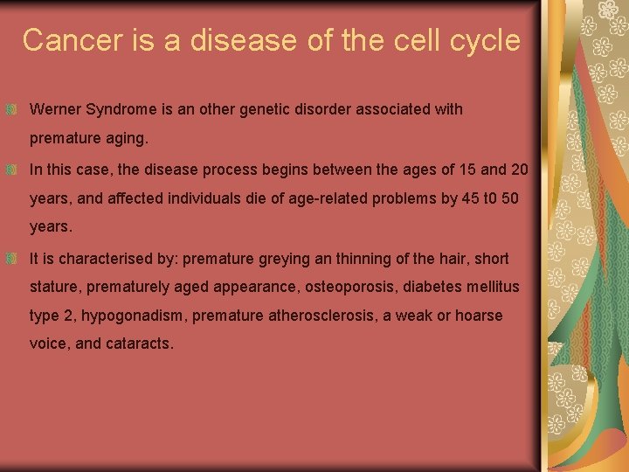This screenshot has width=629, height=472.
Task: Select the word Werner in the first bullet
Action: (x=55, y=110)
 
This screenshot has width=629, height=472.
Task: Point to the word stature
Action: (x=53, y=287)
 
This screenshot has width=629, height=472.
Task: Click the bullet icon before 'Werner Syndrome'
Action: (x=12, y=110)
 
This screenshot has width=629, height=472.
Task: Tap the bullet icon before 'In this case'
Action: (x=12, y=170)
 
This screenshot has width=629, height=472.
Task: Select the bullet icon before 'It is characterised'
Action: (x=12, y=259)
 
